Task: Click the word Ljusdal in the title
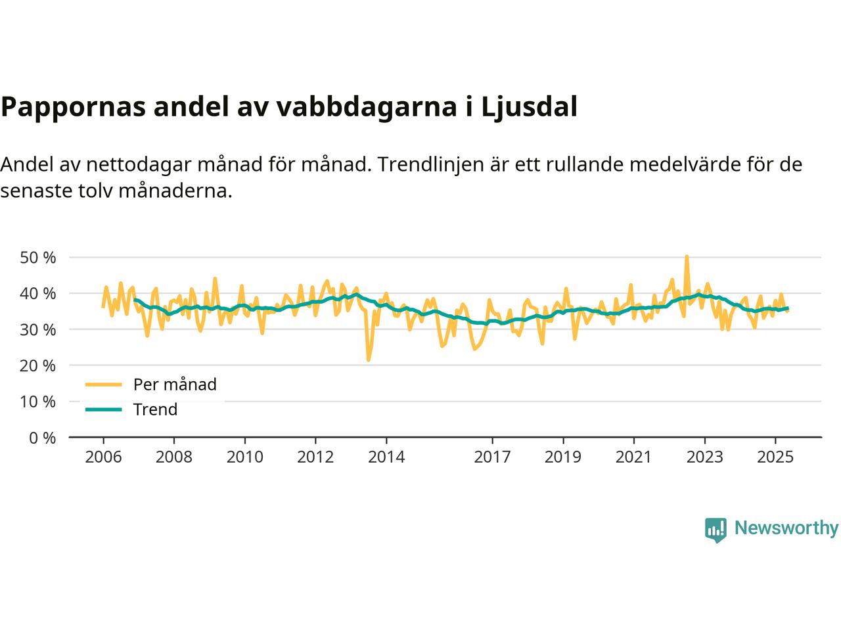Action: pyautogui.click(x=530, y=107)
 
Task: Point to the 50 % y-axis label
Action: pyautogui.click(x=38, y=258)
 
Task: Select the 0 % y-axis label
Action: pyautogui.click(x=43, y=438)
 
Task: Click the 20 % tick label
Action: pyautogui.click(x=38, y=365)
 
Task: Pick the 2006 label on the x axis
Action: pyautogui.click(x=103, y=457)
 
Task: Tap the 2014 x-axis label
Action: pyautogui.click(x=386, y=457)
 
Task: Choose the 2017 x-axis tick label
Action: pyautogui.click(x=492, y=457)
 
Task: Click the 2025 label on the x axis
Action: pyautogui.click(x=775, y=457)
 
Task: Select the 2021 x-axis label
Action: pyautogui.click(x=633, y=457)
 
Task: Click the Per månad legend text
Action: pyautogui.click(x=175, y=385)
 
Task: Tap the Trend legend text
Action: pyautogui.click(x=155, y=409)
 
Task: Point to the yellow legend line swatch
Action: pyautogui.click(x=104, y=385)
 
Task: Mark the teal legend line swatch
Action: pyautogui.click(x=104, y=409)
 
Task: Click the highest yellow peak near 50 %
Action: pyautogui.click(x=687, y=257)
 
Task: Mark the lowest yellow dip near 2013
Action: pyautogui.click(x=369, y=360)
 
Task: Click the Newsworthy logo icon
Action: pyautogui.click(x=716, y=529)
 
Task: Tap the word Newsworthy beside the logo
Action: pyautogui.click(x=786, y=528)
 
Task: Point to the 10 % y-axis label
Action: pyautogui.click(x=38, y=402)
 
